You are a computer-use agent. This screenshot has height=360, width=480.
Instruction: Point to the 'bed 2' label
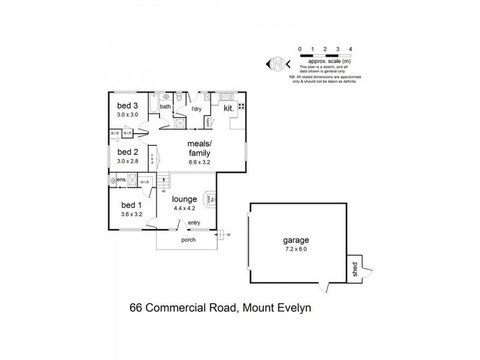(x=127, y=152)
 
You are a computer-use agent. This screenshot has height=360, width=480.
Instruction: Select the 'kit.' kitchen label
(x=229, y=109)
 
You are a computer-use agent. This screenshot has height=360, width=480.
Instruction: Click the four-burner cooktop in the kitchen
(x=242, y=107)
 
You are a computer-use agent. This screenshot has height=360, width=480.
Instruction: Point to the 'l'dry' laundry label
(x=196, y=109)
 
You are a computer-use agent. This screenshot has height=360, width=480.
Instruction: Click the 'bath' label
(x=165, y=107)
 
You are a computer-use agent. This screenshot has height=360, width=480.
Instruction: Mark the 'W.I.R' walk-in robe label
(x=144, y=182)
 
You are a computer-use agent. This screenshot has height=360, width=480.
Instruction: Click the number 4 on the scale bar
(x=350, y=49)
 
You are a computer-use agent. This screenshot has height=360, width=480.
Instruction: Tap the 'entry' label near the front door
(x=194, y=223)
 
